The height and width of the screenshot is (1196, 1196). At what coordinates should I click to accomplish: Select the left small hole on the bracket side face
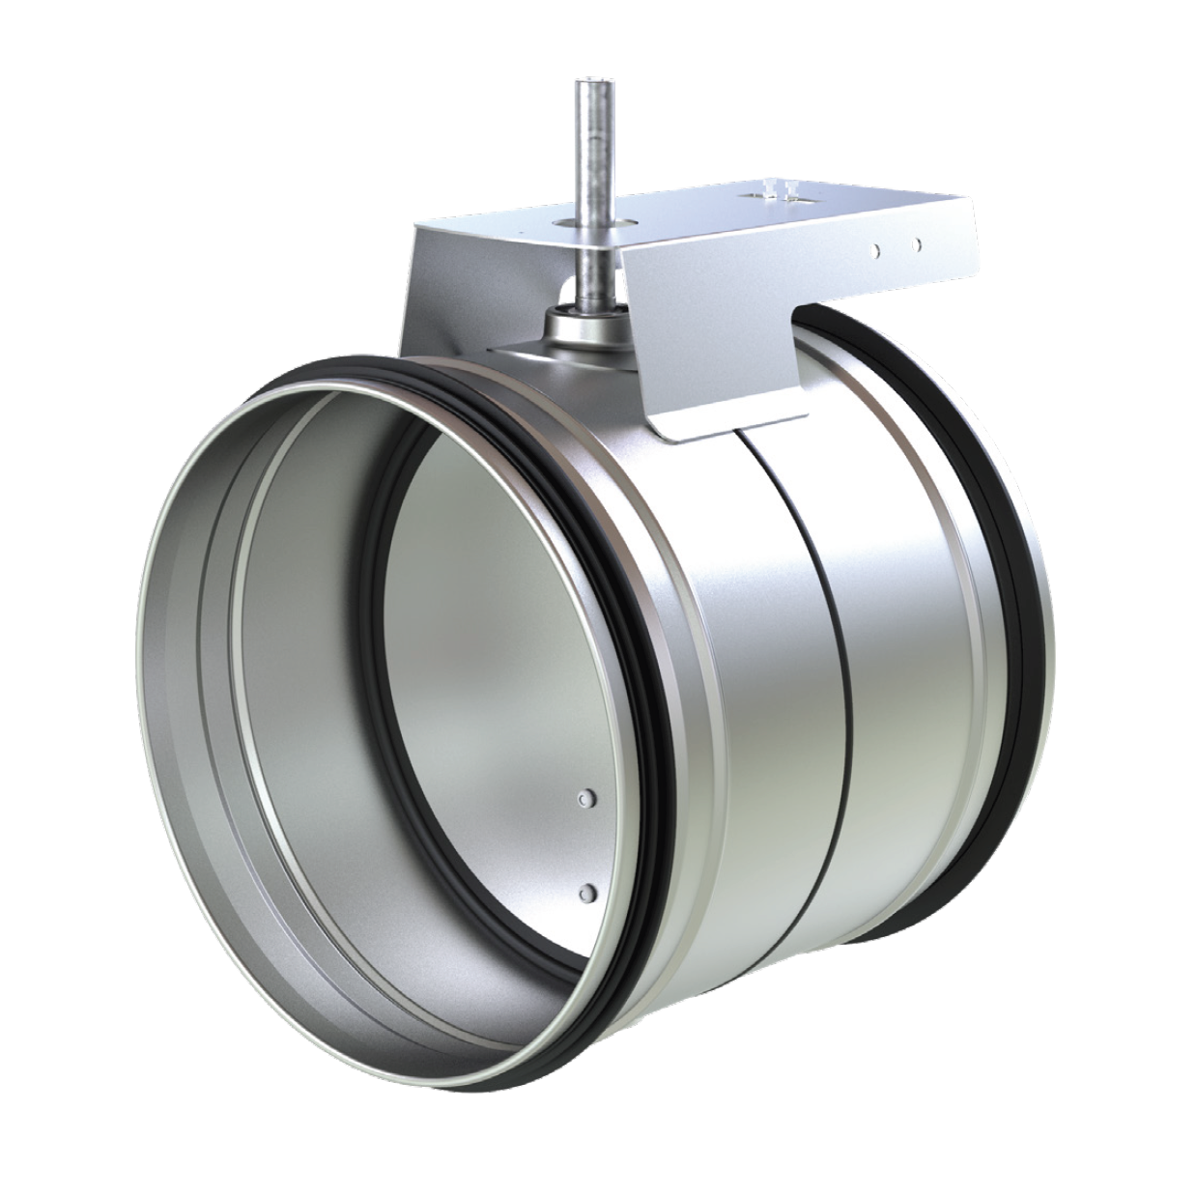tap(874, 250)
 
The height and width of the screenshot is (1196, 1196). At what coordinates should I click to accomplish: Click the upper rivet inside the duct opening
tap(585, 797)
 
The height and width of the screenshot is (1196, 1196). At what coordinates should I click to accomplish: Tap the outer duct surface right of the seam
tap(898, 676)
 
